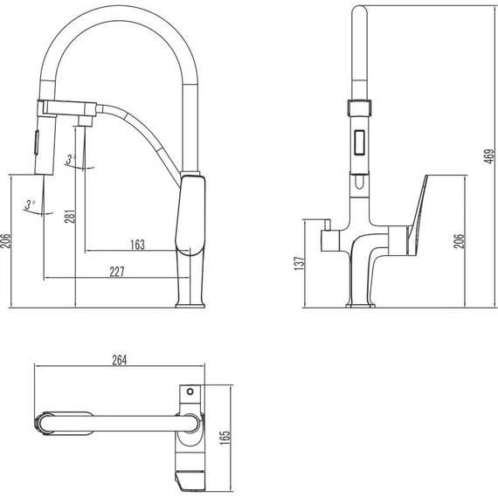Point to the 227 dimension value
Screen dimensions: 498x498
coord(118,272)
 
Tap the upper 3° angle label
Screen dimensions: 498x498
coord(72,159)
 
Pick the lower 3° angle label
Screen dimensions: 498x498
coord(30,204)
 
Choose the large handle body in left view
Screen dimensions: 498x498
coord(192,212)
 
